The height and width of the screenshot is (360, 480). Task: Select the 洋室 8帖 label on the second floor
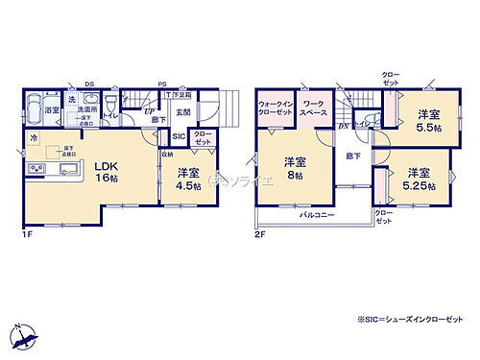tap(293, 169)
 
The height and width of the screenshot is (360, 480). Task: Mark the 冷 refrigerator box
tap(33, 138)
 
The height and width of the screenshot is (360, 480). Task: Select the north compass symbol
tap(25, 336)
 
